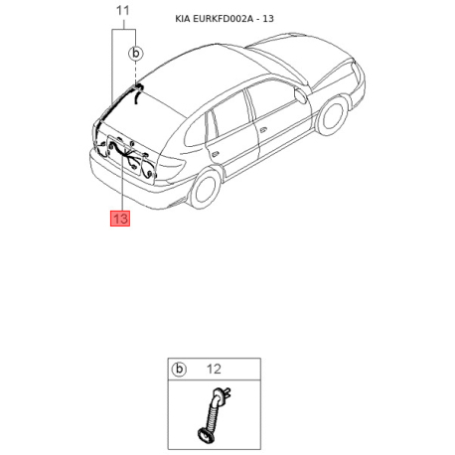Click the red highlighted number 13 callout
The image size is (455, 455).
click(x=120, y=219)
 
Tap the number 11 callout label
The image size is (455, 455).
click(x=123, y=11)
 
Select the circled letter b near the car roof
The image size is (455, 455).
click(x=137, y=53)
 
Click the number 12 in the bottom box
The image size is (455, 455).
click(x=212, y=369)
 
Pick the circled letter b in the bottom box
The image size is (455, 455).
click(x=180, y=369)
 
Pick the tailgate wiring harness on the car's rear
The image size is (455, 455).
click(x=127, y=157)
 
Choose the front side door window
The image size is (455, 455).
click(x=272, y=98)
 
